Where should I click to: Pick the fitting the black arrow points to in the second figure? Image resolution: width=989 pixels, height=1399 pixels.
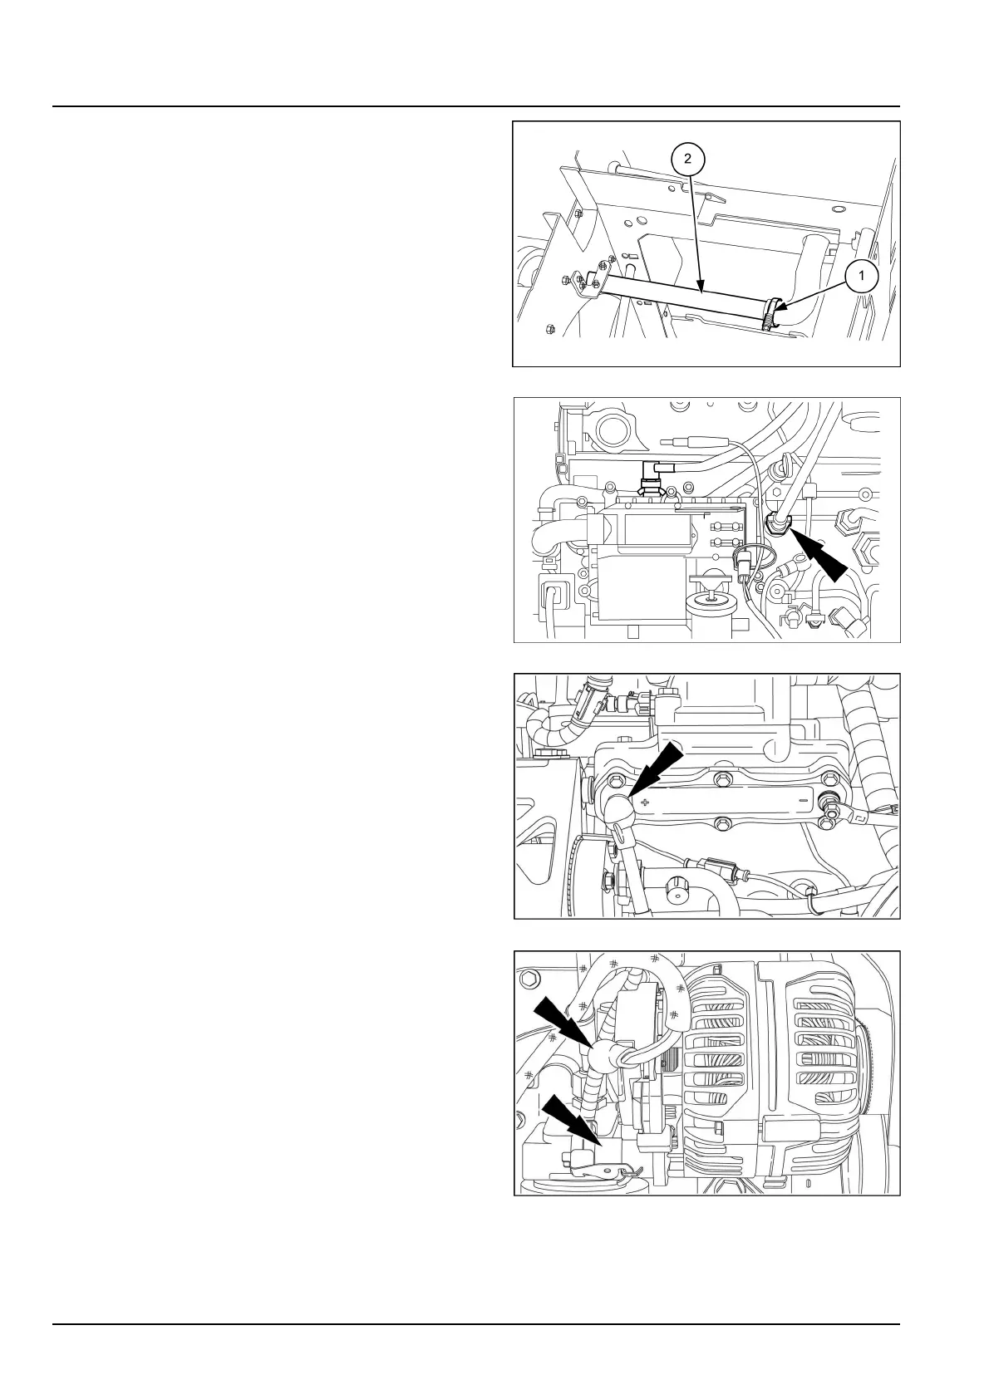click(x=778, y=523)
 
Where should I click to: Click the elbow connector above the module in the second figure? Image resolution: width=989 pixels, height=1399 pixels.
click(x=656, y=474)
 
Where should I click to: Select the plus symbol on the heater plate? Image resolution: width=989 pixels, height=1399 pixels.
click(x=645, y=802)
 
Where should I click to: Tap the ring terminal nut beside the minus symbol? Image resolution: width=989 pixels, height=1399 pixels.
click(x=829, y=803)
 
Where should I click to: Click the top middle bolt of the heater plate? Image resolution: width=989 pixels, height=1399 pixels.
click(x=721, y=778)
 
